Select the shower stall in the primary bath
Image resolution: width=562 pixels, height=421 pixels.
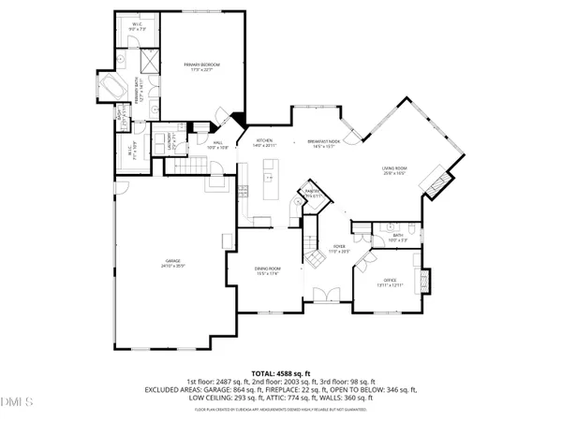(x=147, y=61)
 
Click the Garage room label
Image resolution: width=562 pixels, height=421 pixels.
(x=173, y=263)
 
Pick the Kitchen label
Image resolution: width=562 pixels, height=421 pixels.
(x=263, y=143)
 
